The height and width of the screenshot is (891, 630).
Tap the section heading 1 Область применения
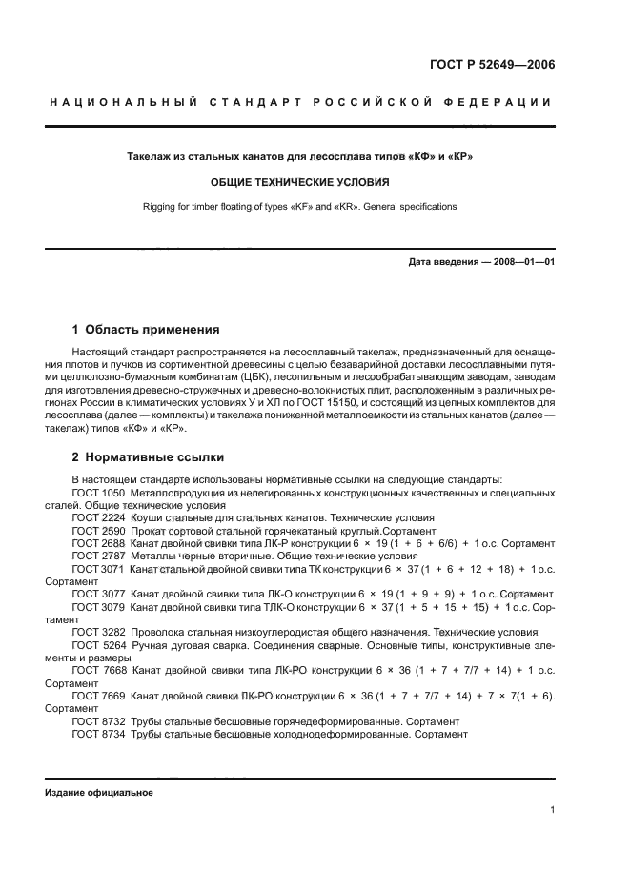(x=146, y=330)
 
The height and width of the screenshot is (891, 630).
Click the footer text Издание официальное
(x=98, y=793)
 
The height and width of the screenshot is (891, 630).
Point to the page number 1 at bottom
(x=552, y=810)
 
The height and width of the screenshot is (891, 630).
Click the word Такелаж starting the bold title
(x=152, y=155)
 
